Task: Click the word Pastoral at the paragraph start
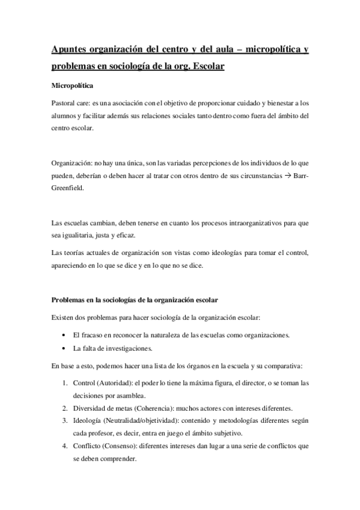(x=63, y=103)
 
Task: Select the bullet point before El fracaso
(x=64, y=334)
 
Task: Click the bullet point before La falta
(x=64, y=348)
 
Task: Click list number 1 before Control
(x=65, y=382)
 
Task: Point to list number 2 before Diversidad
(x=65, y=407)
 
